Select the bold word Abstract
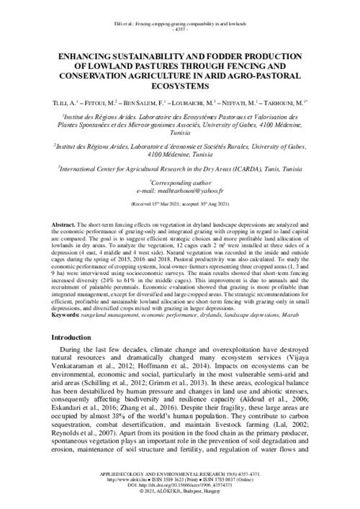tap(68, 226)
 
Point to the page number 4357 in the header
tap(179, 12)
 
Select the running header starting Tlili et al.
tap(179, 6)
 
